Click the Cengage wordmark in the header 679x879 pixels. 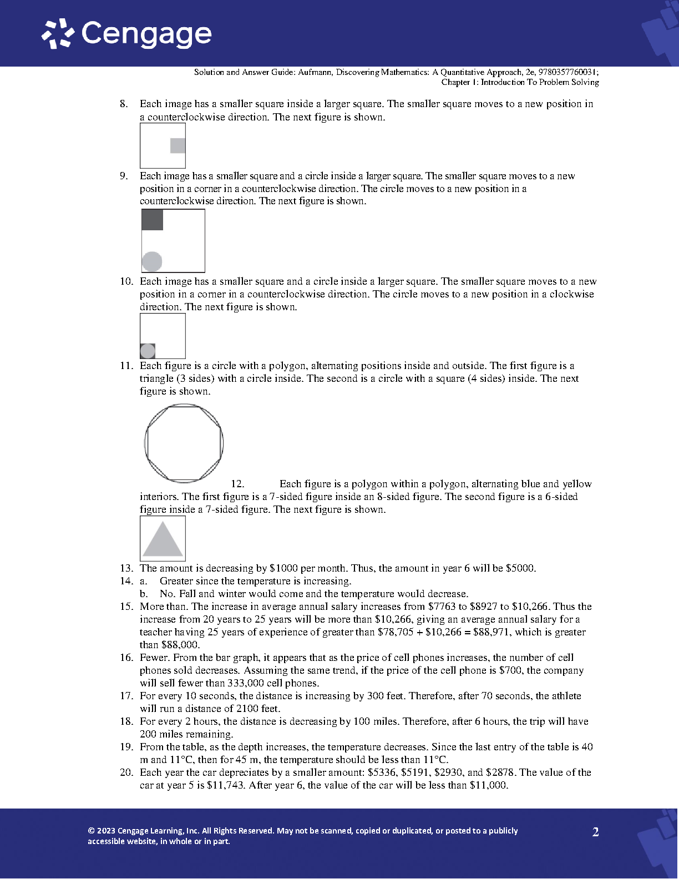[146, 34]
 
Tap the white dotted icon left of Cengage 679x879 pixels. [58, 34]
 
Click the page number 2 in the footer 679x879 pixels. [596, 832]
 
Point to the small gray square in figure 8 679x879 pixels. [178, 145]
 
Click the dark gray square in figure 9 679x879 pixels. [153, 220]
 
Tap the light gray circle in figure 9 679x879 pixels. [152, 261]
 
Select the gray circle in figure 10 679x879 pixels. [148, 351]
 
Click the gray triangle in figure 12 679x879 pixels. [163, 540]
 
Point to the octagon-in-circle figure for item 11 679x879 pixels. [184, 443]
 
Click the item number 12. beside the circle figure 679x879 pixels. [237, 484]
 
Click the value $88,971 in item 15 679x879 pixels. [491, 632]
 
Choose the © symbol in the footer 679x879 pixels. [91, 831]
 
